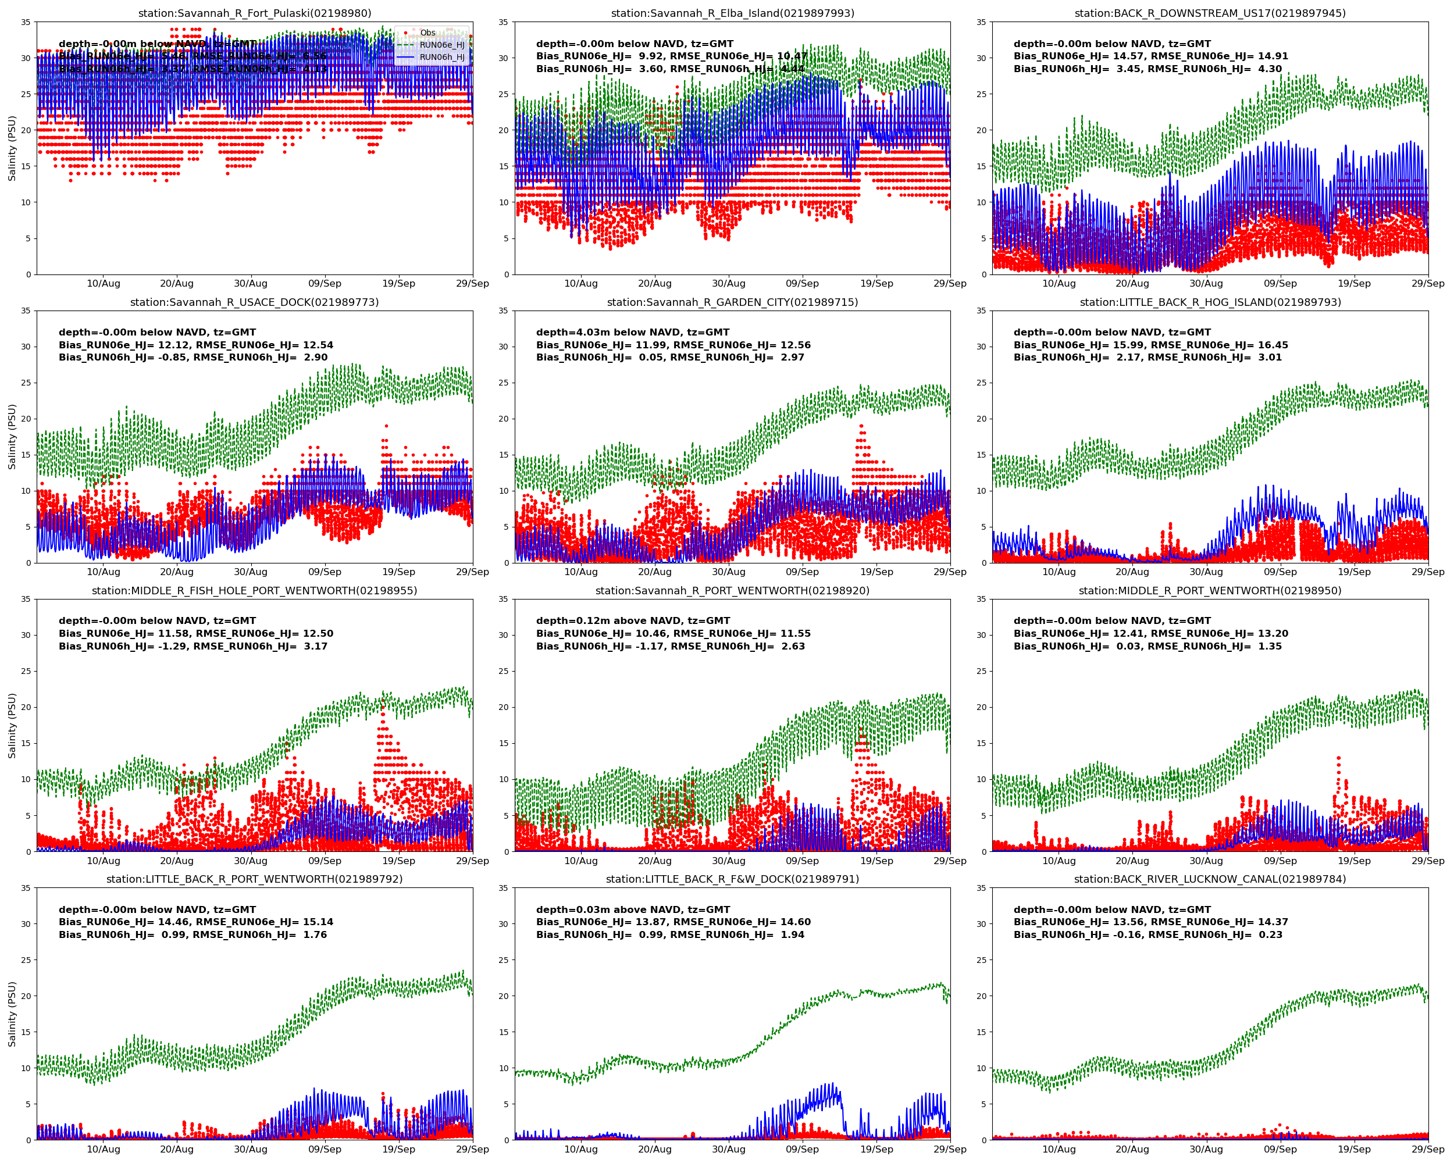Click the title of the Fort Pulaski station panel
tap(254, 13)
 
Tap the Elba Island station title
tap(732, 13)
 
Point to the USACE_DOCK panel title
tap(254, 302)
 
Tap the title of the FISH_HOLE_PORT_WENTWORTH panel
tap(254, 591)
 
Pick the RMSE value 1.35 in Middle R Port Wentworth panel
tap(1269, 647)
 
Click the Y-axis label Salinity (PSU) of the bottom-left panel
tap(12, 1014)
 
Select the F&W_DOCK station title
tap(732, 879)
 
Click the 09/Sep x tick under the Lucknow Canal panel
tap(1280, 1150)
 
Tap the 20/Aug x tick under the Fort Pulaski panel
tap(177, 284)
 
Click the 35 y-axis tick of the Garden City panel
tap(504, 311)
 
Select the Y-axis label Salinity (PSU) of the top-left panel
tap(12, 148)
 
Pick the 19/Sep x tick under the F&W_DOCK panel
tap(876, 1150)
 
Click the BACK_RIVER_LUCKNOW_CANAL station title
tap(1210, 879)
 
